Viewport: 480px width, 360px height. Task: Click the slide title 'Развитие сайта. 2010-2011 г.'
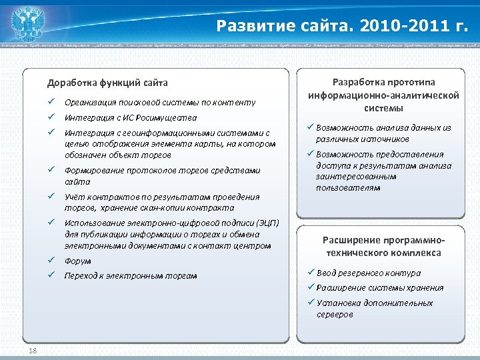point(343,26)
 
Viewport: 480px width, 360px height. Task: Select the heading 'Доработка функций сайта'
point(107,83)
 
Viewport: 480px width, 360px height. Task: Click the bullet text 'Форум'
point(78,261)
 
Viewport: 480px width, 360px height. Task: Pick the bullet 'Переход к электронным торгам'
point(131,275)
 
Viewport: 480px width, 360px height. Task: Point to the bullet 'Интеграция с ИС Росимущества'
point(130,117)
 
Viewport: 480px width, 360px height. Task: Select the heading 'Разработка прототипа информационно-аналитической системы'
point(383,95)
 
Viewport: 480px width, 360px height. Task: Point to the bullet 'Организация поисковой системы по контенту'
point(160,102)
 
